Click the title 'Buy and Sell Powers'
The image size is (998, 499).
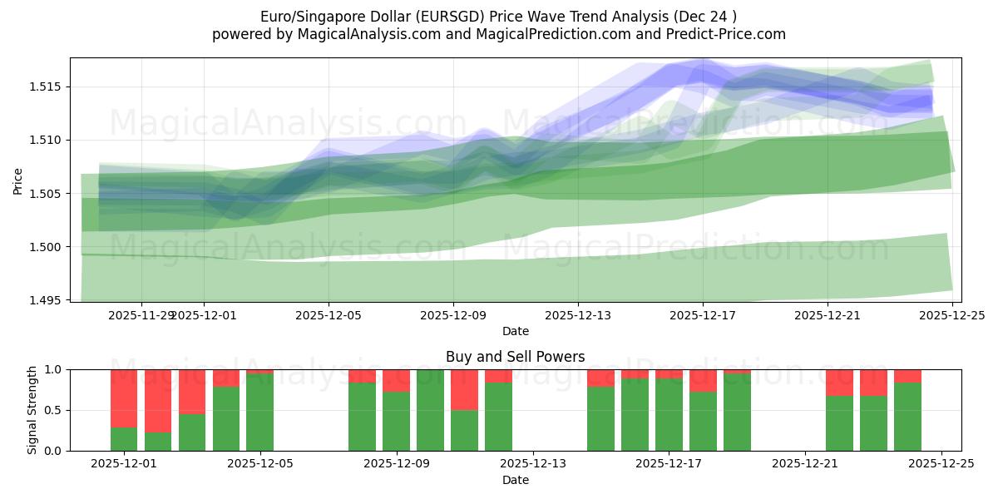click(x=515, y=357)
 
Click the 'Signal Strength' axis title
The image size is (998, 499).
click(x=33, y=410)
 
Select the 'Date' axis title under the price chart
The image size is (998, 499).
click(x=515, y=331)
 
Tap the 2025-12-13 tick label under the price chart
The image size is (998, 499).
click(x=578, y=315)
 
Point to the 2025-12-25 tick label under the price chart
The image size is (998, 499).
click(x=952, y=315)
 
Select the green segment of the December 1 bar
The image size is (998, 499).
click(x=124, y=439)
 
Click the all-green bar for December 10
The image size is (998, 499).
click(x=430, y=410)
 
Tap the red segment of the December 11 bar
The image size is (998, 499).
click(x=464, y=389)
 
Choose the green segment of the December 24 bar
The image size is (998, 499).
click(x=907, y=416)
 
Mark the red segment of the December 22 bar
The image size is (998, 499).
click(x=839, y=383)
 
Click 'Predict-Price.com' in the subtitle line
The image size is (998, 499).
click(x=729, y=34)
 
